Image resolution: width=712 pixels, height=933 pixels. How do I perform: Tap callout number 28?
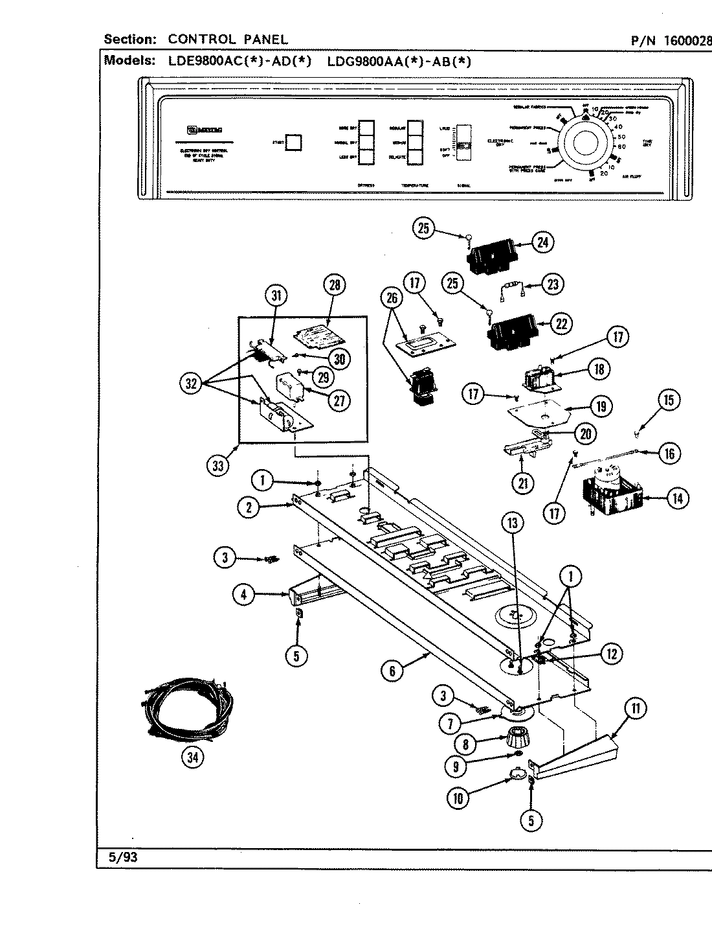pos(335,285)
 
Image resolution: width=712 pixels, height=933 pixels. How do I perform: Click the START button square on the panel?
pos(294,143)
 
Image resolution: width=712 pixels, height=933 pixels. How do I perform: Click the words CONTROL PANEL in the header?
pos(228,40)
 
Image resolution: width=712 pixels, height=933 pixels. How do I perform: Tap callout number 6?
pos(392,671)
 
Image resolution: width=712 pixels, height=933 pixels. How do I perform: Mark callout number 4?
pos(244,595)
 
